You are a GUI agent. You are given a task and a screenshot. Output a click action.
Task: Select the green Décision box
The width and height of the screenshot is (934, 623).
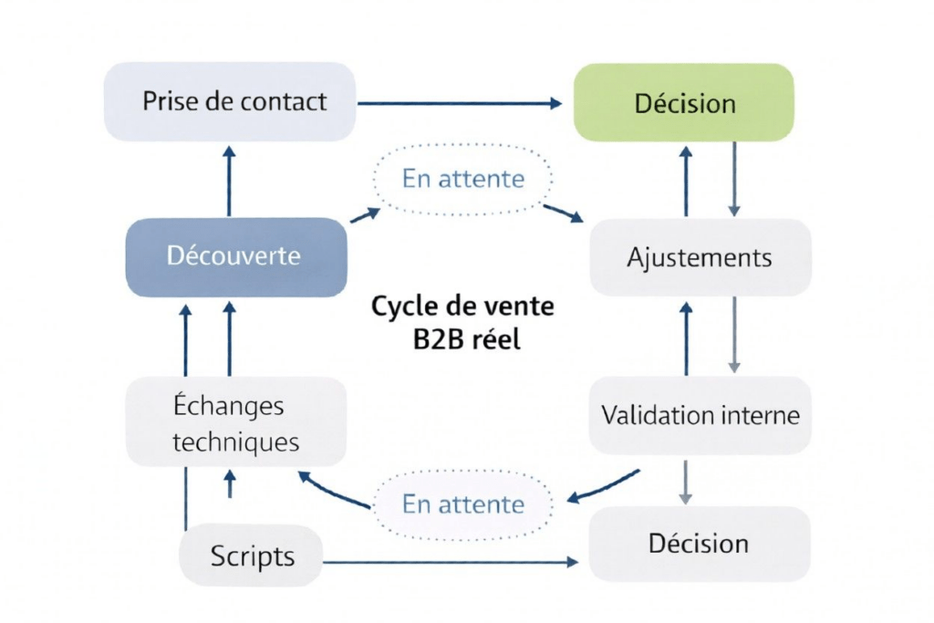click(684, 102)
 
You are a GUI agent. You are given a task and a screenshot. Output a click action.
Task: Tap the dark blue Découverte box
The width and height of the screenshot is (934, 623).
click(235, 256)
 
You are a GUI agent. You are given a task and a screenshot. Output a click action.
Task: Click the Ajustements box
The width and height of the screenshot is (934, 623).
click(700, 257)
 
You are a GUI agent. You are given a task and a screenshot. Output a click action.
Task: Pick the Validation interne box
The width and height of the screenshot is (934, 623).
click(700, 415)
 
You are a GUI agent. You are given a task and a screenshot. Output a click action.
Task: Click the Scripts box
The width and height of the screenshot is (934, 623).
click(252, 556)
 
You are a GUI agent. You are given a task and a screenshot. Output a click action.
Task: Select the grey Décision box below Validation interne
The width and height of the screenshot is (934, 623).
click(700, 544)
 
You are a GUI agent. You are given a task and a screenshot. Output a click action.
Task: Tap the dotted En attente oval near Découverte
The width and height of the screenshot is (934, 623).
click(463, 178)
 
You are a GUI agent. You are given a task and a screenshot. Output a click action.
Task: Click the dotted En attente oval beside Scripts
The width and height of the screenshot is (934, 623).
click(463, 504)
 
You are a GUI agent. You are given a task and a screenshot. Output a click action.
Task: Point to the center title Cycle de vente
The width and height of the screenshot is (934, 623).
click(462, 306)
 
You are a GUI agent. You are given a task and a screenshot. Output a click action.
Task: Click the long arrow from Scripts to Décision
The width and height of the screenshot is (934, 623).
click(451, 562)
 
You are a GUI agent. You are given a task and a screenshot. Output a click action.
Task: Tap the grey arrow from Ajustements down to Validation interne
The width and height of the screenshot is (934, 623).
click(734, 333)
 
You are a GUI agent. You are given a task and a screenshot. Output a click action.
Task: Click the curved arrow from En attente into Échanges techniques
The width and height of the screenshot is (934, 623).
click(333, 493)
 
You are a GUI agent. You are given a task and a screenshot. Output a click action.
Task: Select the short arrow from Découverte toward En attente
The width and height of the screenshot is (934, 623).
click(365, 215)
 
